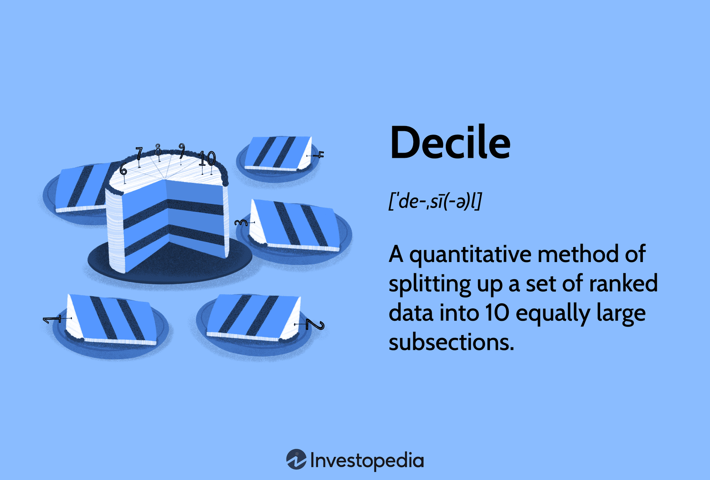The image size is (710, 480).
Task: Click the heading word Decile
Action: pyautogui.click(x=450, y=143)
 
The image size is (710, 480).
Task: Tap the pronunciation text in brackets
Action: pyautogui.click(x=435, y=201)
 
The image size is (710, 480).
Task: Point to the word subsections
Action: pyautogui.click(x=451, y=343)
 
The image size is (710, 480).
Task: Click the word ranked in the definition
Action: pyautogui.click(x=625, y=284)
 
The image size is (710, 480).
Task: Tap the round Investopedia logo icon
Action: pyautogui.click(x=296, y=460)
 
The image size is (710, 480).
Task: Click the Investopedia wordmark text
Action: pyautogui.click(x=367, y=461)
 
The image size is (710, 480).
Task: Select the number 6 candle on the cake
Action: pyautogui.click(x=124, y=169)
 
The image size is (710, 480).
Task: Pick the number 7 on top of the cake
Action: pyautogui.click(x=139, y=154)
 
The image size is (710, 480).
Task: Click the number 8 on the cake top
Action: pyautogui.click(x=158, y=149)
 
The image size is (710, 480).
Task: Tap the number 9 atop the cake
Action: pyautogui.click(x=181, y=150)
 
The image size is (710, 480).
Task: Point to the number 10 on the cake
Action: pyautogui.click(x=207, y=158)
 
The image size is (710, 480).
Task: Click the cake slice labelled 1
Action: pyautogui.click(x=111, y=319)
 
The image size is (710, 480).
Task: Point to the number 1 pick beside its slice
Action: pyautogui.click(x=52, y=319)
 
